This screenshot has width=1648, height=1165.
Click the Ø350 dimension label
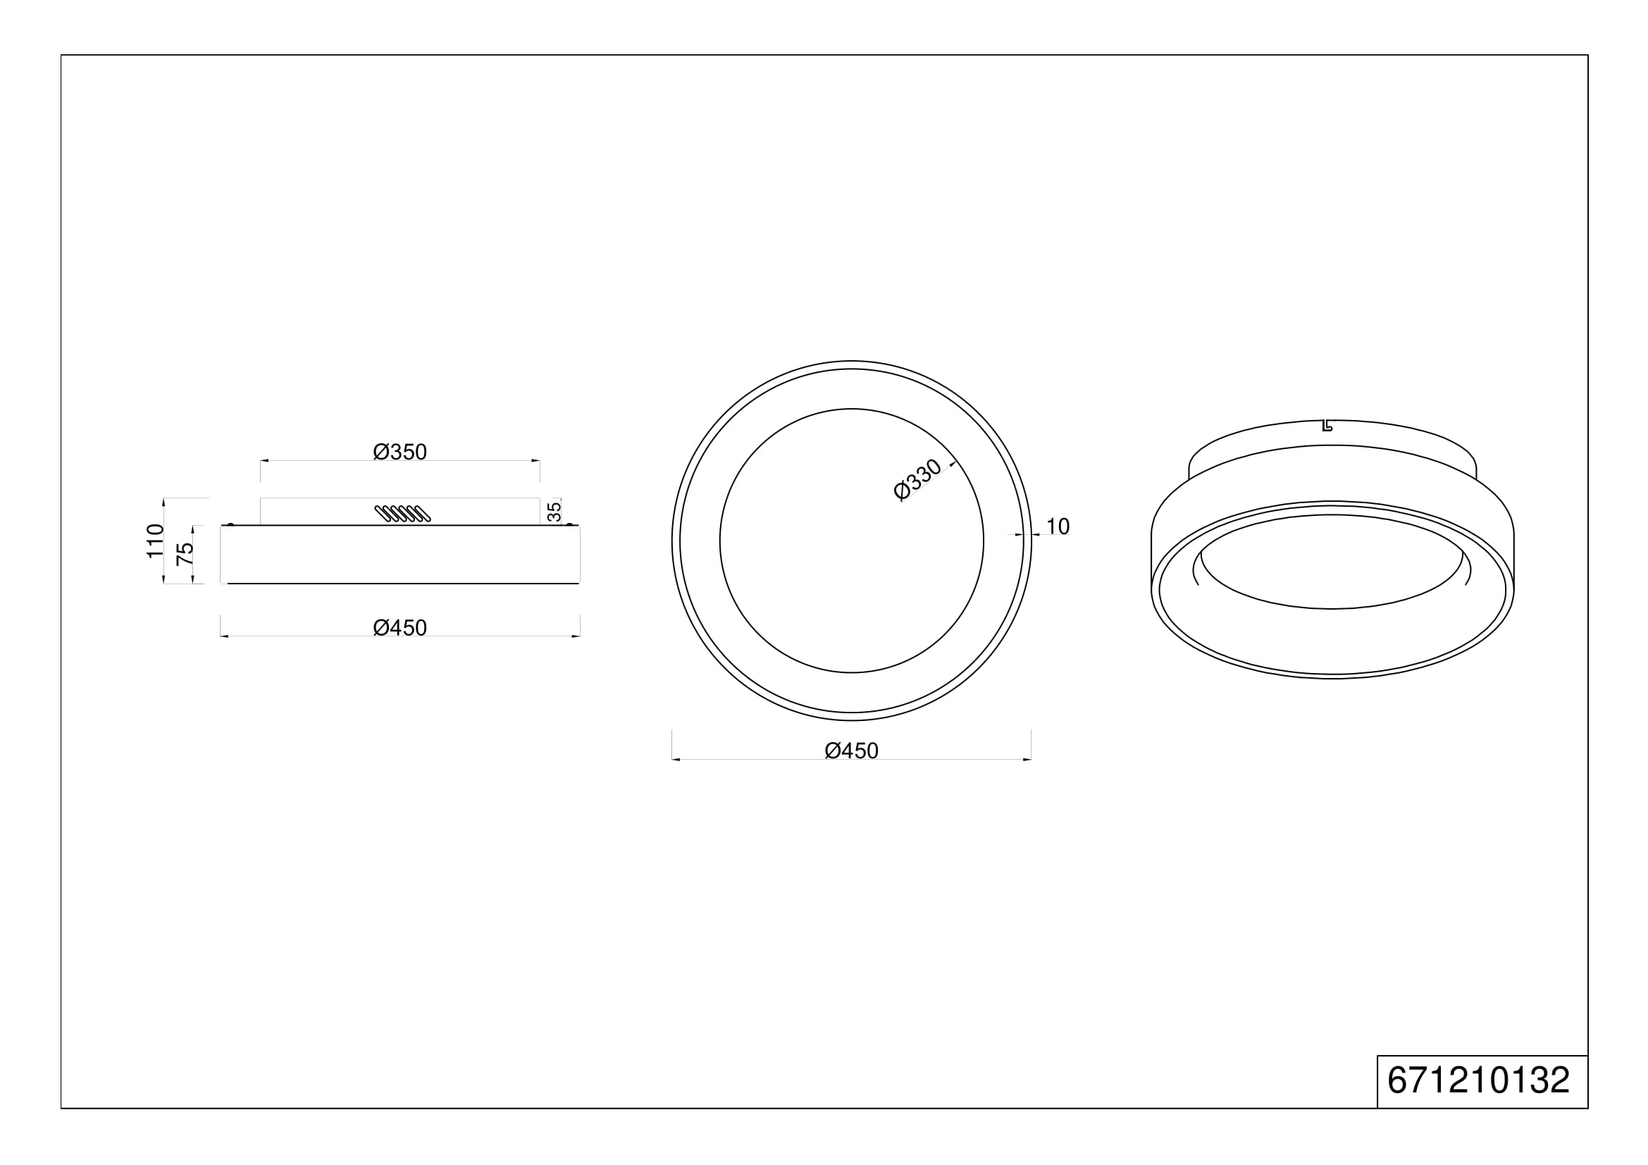(x=399, y=452)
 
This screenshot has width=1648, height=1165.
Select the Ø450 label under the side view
(x=399, y=628)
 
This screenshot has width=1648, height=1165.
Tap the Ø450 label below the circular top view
(x=851, y=751)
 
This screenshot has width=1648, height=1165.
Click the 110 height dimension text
(x=155, y=541)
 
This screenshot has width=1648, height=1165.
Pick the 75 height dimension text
(x=185, y=553)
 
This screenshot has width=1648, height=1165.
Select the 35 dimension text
(x=554, y=512)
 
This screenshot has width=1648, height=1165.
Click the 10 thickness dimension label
(x=1058, y=526)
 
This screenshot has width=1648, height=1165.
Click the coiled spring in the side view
(x=403, y=513)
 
